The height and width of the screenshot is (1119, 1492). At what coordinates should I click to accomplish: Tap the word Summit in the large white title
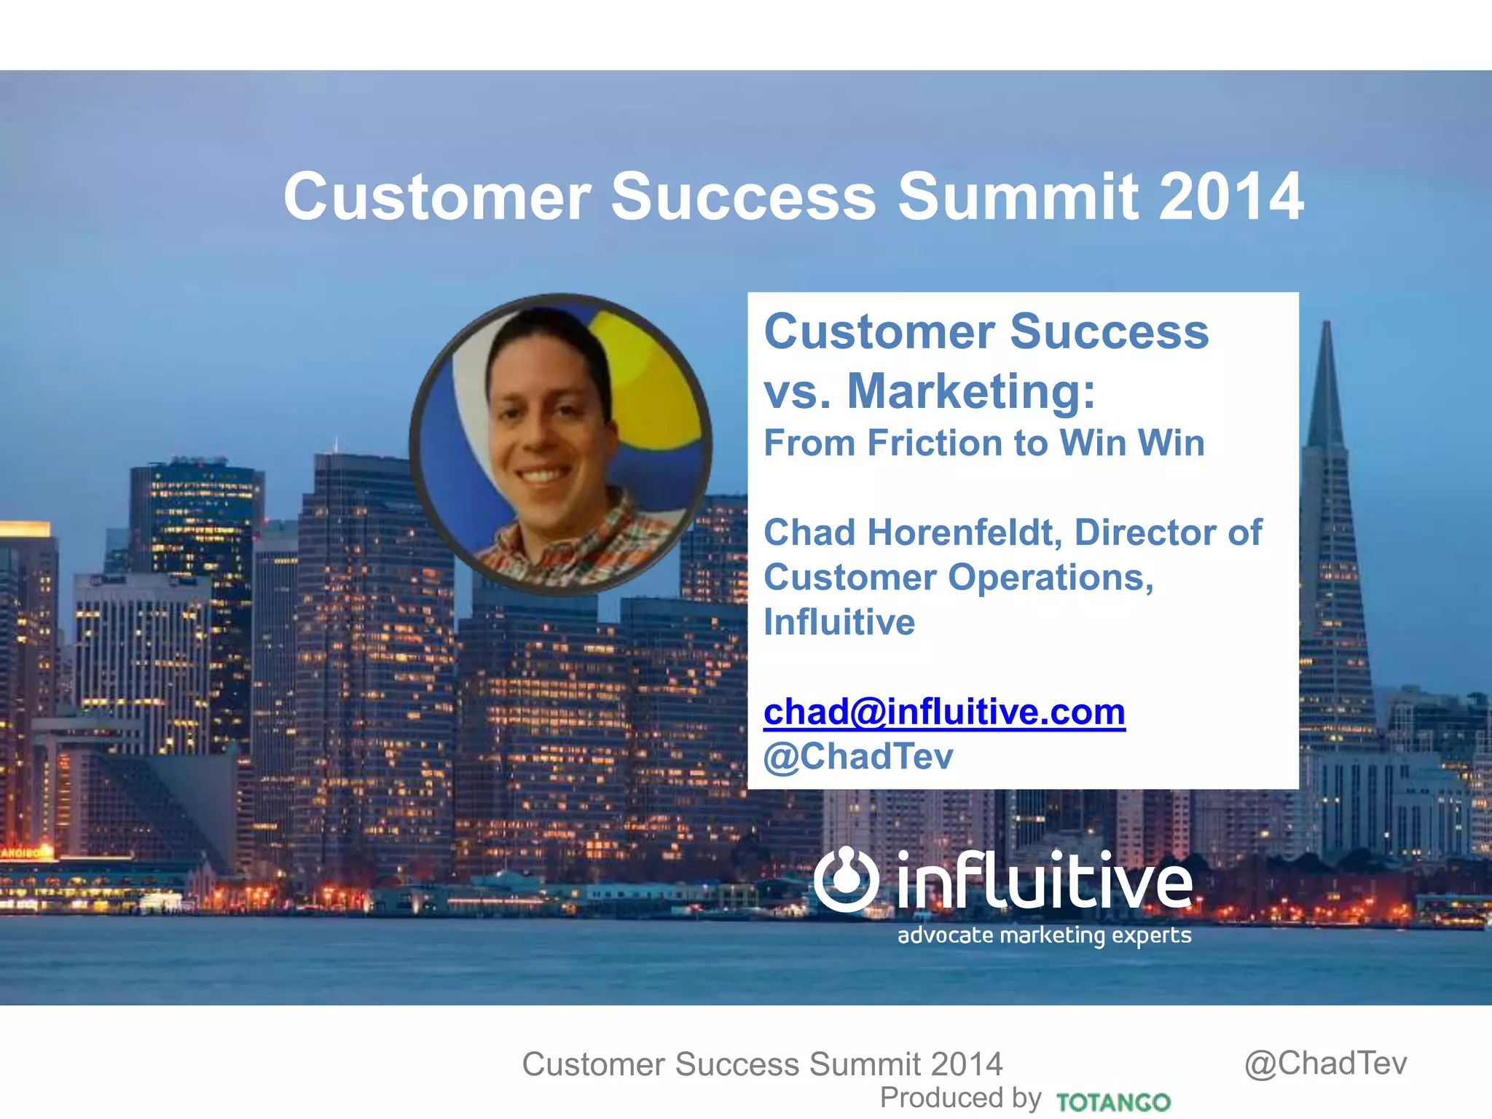click(x=1017, y=197)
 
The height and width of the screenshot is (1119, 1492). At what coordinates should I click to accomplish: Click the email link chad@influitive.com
click(x=944, y=712)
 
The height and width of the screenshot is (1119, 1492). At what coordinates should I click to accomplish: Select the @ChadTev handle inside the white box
click(x=858, y=756)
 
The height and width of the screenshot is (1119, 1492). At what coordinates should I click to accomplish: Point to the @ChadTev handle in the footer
click(x=1325, y=1063)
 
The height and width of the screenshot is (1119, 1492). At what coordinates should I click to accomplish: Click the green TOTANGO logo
click(x=1112, y=1102)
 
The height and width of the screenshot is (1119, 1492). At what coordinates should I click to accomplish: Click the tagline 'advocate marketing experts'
click(x=1044, y=935)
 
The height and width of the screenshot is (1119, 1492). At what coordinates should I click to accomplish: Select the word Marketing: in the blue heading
click(x=971, y=391)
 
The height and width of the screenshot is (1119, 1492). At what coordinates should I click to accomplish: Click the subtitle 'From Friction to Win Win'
click(x=983, y=443)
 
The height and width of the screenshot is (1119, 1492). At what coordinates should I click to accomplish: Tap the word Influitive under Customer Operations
click(x=839, y=622)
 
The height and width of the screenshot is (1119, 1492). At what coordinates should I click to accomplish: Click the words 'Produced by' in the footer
click(x=960, y=1097)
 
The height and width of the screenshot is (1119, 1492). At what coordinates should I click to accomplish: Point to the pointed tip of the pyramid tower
click(x=1327, y=324)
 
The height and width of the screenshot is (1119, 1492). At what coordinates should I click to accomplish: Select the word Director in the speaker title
click(x=1145, y=533)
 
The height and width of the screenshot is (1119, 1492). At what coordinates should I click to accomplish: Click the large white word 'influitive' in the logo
click(x=1044, y=882)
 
